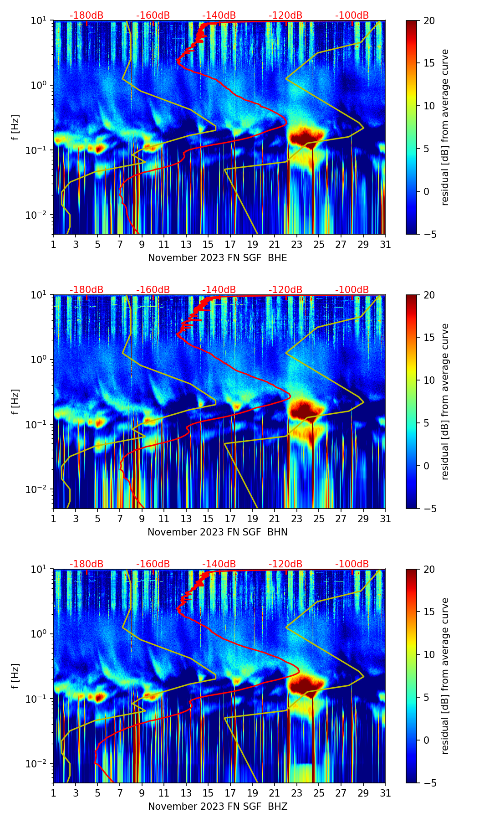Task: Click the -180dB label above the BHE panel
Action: (x=87, y=15)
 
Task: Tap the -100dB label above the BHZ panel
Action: (x=352, y=564)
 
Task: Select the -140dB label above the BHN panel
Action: (x=219, y=290)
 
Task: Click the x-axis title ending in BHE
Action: (x=218, y=258)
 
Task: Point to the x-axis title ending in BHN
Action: (x=218, y=532)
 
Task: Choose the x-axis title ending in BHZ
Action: (x=218, y=807)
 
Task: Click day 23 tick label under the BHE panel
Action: (x=296, y=245)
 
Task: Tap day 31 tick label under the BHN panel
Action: (x=385, y=519)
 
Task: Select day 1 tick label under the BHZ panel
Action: (x=54, y=793)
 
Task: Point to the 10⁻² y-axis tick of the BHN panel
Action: (x=40, y=489)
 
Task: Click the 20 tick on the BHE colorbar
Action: (x=429, y=21)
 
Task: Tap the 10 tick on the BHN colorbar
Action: (x=429, y=381)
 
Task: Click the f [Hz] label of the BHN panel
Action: (x=15, y=401)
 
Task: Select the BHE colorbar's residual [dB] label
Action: (x=445, y=127)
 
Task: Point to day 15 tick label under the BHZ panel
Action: (x=208, y=793)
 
